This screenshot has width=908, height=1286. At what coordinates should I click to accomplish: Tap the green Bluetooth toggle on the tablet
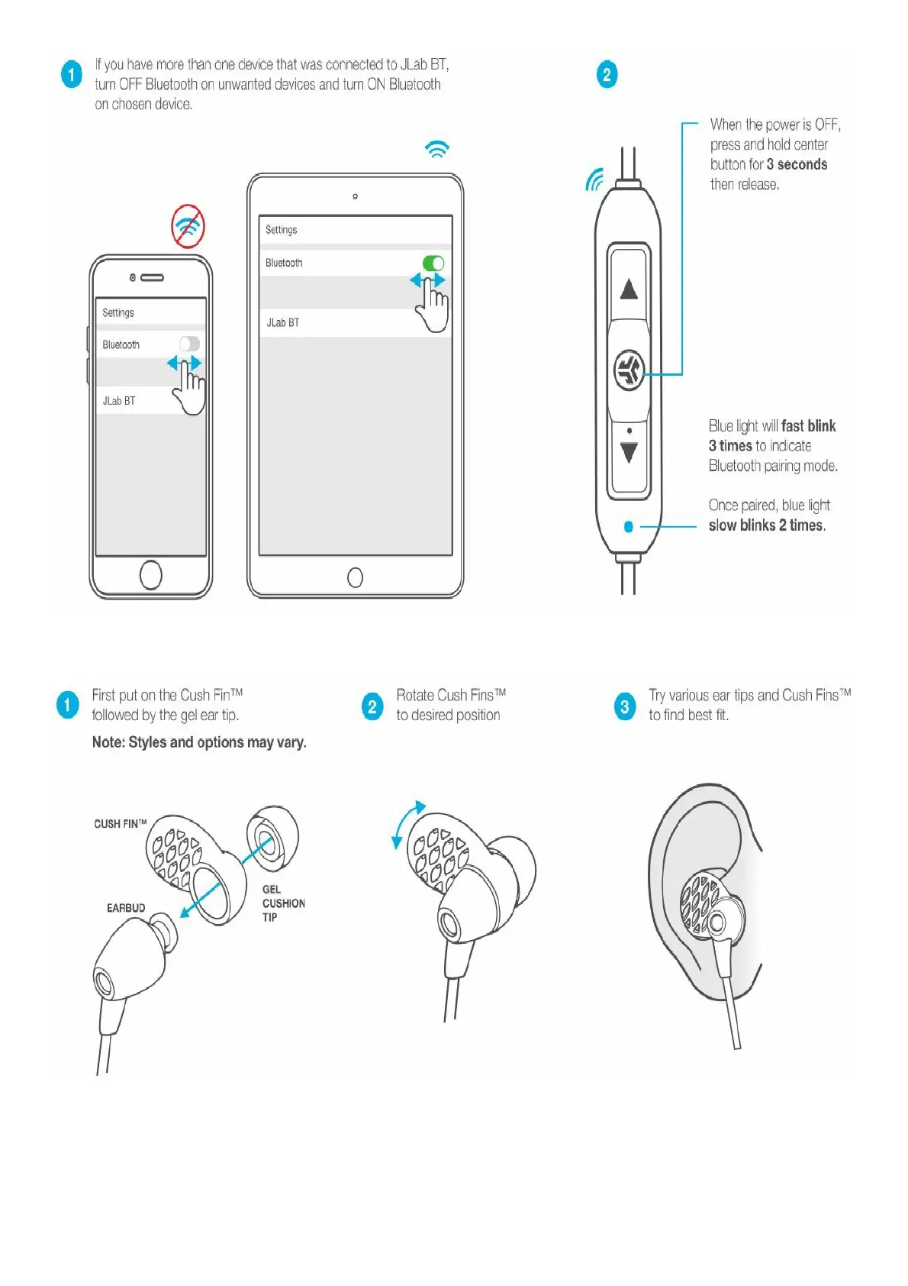(433, 263)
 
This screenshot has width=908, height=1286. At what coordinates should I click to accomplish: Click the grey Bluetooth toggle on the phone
(189, 344)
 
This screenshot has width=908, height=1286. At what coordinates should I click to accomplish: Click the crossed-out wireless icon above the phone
(188, 226)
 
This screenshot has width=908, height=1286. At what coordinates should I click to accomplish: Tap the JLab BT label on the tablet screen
(282, 323)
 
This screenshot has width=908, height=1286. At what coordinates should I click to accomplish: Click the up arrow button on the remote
(629, 289)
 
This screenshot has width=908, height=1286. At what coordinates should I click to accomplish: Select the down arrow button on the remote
(629, 453)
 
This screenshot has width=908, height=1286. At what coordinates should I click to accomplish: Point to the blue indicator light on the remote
(628, 526)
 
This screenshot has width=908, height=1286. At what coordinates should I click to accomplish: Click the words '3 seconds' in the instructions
(797, 164)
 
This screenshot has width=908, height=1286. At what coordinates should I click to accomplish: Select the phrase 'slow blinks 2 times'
(767, 525)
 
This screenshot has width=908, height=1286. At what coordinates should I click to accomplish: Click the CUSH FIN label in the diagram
(120, 824)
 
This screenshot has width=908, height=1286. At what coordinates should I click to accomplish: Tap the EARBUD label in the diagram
(126, 908)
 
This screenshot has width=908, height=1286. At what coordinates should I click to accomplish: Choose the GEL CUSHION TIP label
(283, 903)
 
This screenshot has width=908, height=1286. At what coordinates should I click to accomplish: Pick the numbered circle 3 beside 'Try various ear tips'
(624, 706)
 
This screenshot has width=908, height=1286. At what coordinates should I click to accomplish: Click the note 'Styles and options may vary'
(199, 742)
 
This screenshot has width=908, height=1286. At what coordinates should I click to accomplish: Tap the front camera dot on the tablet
(355, 197)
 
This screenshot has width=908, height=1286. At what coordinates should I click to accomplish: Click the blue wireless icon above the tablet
(437, 149)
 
